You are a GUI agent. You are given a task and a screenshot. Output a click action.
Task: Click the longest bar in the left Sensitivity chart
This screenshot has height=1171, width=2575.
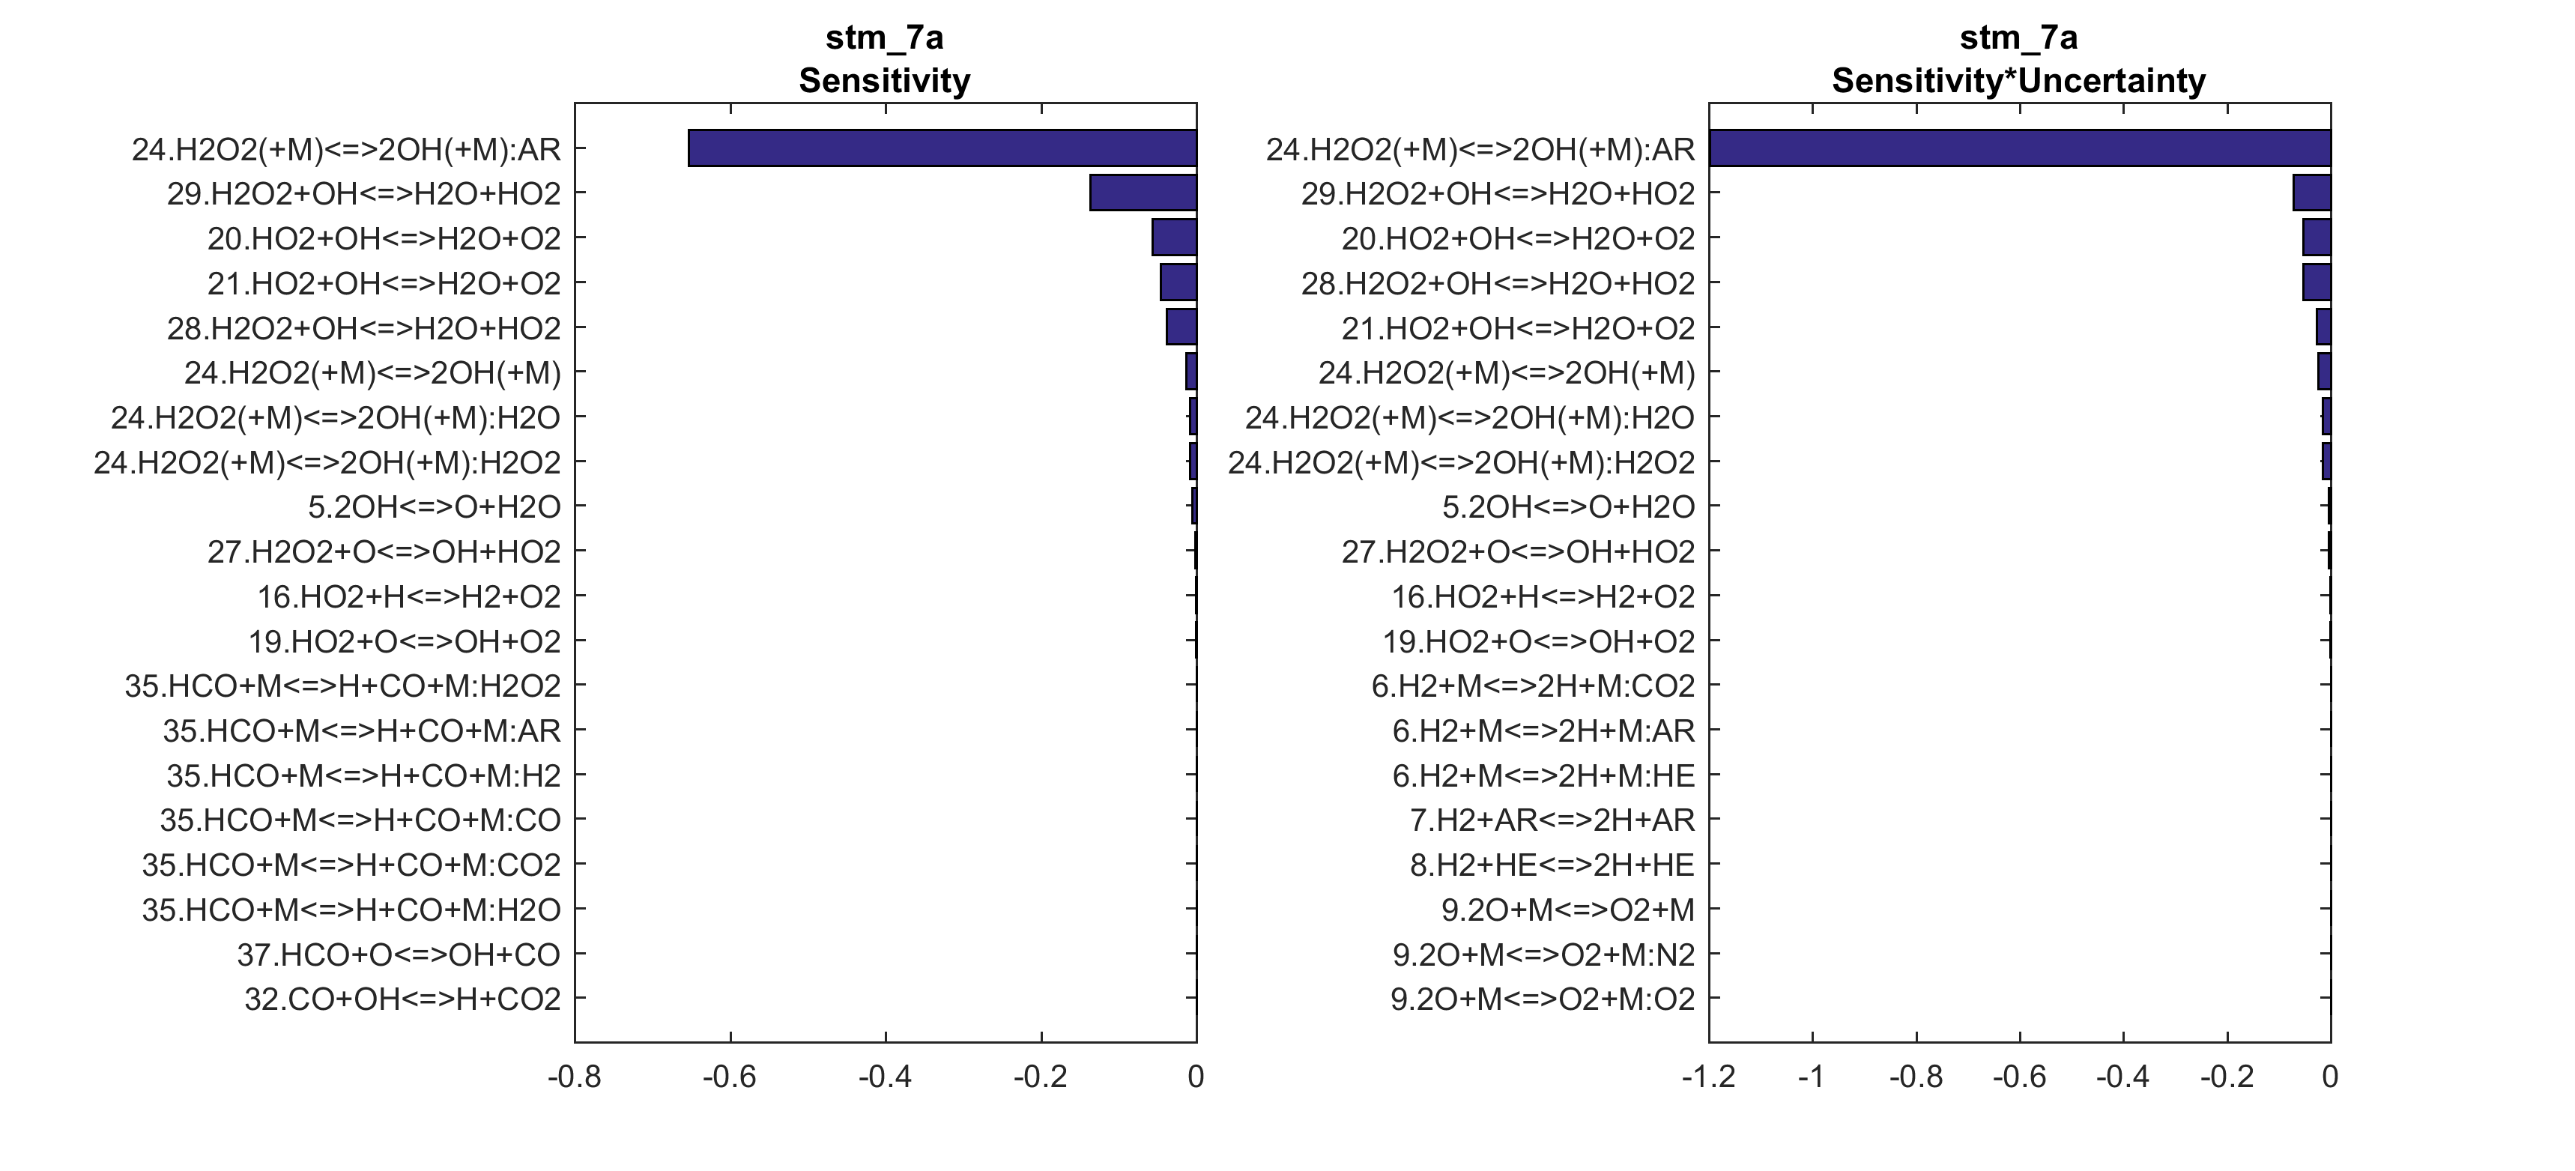pyautogui.click(x=942, y=148)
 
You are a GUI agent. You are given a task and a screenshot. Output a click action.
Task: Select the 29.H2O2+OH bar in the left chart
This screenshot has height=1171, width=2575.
pyautogui.click(x=1143, y=193)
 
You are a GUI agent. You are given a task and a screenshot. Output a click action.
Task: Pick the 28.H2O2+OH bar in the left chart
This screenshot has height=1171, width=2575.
pyautogui.click(x=1181, y=327)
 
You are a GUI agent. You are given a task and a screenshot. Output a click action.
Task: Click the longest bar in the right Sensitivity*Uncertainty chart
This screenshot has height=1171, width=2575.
pyautogui.click(x=2019, y=148)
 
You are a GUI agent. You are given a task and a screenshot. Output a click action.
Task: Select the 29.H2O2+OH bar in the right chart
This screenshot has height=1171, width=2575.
pyautogui.click(x=2311, y=193)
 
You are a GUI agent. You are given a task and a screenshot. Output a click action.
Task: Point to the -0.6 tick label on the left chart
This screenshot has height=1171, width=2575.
pyautogui.click(x=730, y=1077)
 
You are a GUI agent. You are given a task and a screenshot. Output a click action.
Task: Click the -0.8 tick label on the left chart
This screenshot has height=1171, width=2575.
pyautogui.click(x=574, y=1077)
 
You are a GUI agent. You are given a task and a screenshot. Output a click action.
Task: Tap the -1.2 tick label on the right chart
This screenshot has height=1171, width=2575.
pyautogui.click(x=1707, y=1077)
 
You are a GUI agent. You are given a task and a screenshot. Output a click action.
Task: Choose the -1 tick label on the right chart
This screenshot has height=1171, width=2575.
pyautogui.click(x=1812, y=1077)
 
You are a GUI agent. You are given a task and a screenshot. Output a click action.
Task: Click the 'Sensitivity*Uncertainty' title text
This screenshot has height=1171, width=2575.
pyautogui.click(x=2018, y=81)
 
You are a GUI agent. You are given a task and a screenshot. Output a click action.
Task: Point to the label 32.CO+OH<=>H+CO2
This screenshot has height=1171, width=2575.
pyautogui.click(x=403, y=999)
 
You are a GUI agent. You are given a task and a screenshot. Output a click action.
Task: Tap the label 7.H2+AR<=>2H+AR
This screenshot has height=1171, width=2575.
pyautogui.click(x=1552, y=820)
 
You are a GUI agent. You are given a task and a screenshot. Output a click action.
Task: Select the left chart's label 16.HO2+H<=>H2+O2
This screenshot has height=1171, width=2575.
pyautogui.click(x=409, y=597)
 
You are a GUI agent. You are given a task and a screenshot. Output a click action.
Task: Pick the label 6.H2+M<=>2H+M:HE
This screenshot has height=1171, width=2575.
pyautogui.click(x=1543, y=775)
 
